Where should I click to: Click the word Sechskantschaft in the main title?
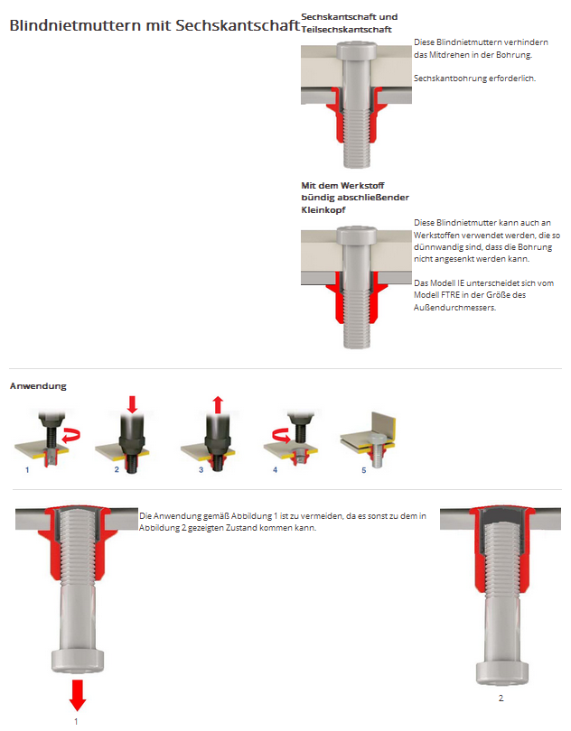(x=239, y=25)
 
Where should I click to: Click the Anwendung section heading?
(x=38, y=386)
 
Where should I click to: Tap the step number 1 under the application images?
(x=27, y=470)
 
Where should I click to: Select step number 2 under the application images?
(x=117, y=470)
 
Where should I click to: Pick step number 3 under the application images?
(x=200, y=470)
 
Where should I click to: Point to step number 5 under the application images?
(x=364, y=470)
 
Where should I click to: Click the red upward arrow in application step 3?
(x=216, y=403)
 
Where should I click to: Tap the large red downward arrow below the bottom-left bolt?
(x=78, y=694)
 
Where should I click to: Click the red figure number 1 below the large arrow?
(x=76, y=721)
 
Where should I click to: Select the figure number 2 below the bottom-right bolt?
(x=501, y=698)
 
